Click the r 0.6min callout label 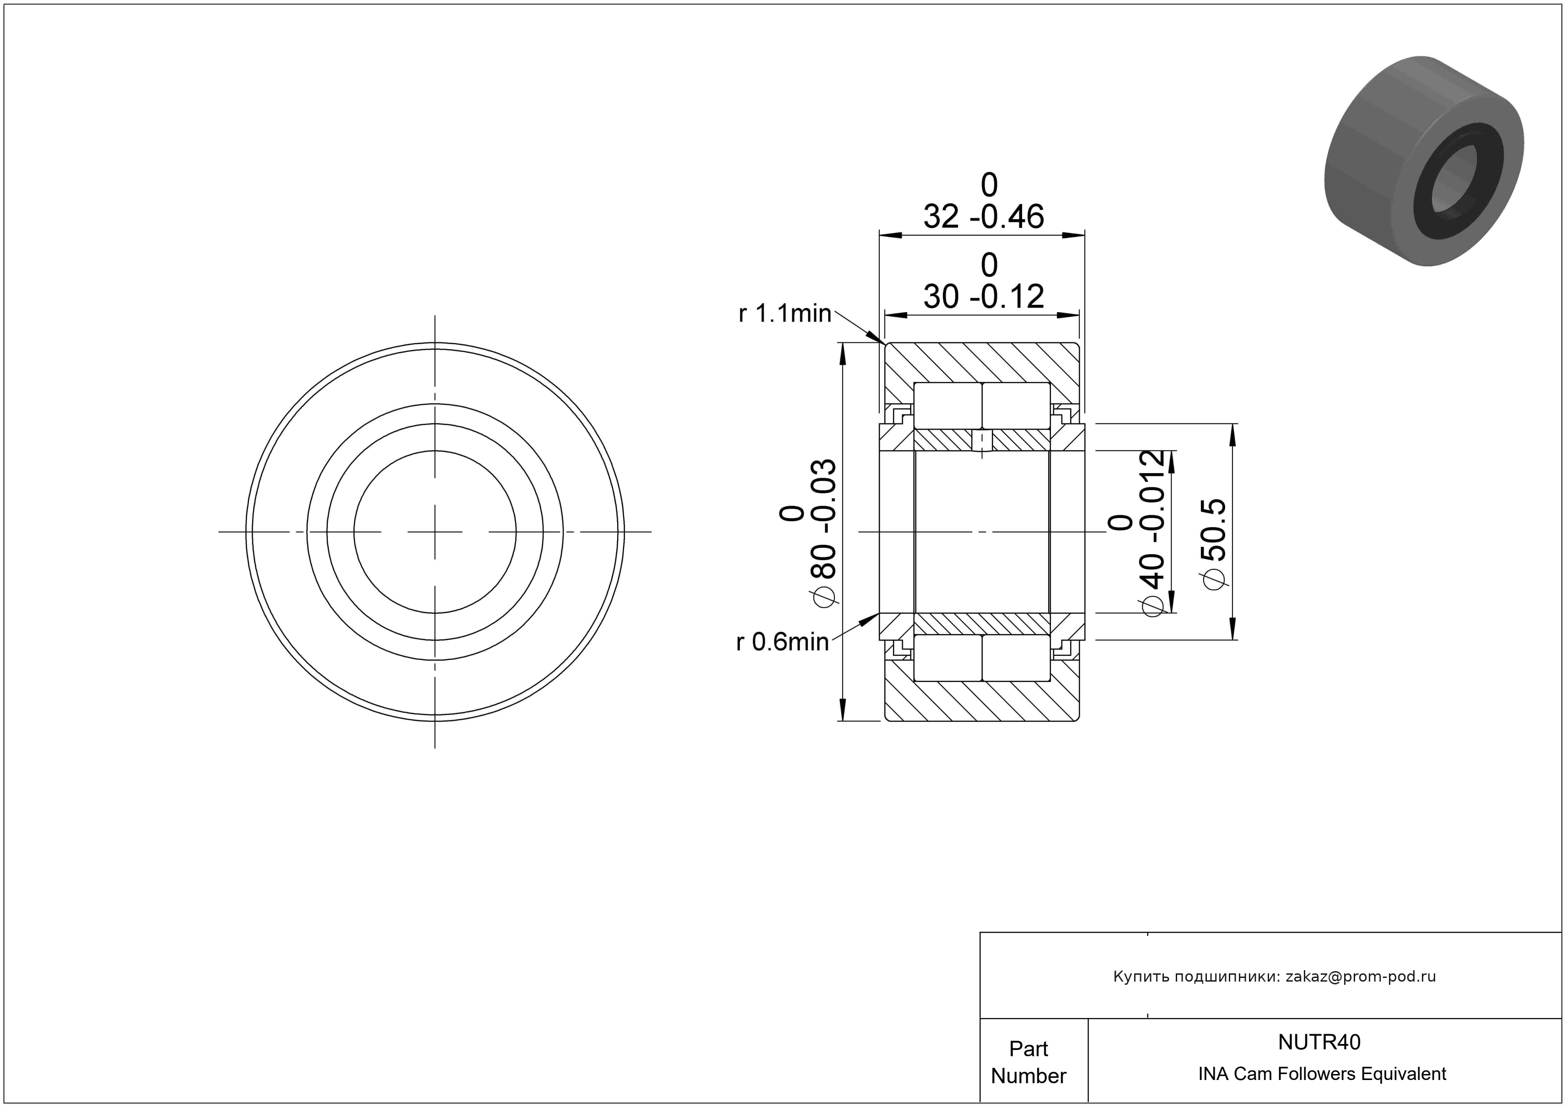pyautogui.click(x=782, y=642)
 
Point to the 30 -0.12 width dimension pyautogui.click(x=984, y=297)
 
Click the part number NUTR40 pyautogui.click(x=1318, y=1042)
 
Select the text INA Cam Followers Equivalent pyautogui.click(x=1322, y=1074)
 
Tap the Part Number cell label pyautogui.click(x=1028, y=1062)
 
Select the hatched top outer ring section pyautogui.click(x=982, y=362)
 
